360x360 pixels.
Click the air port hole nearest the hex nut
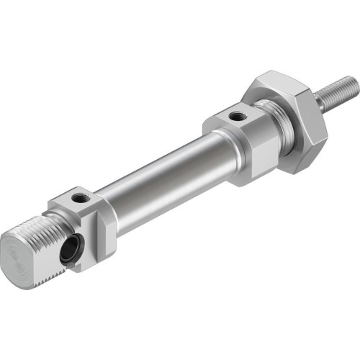click(237, 114)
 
